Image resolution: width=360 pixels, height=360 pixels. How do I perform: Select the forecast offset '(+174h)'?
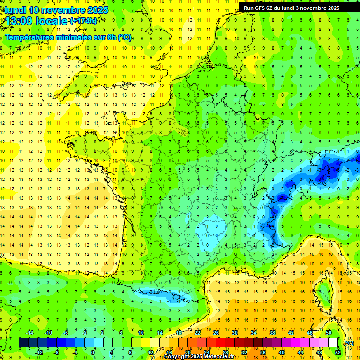[x=83, y=21]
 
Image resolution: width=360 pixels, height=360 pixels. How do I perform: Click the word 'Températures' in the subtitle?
[x=29, y=37]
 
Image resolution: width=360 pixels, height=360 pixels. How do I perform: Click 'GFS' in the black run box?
[x=261, y=7]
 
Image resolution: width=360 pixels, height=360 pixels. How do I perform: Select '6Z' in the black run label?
[x=272, y=7]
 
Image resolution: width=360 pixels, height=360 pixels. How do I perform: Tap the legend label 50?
[x=329, y=332]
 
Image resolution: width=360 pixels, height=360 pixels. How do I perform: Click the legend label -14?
[x=29, y=332]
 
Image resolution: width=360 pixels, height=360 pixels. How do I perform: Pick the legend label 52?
[x=338, y=352]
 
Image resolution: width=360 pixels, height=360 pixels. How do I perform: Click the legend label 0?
[x=93, y=352]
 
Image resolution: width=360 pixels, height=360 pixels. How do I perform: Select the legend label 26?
[x=216, y=332]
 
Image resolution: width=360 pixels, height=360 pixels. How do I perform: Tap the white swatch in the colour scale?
[x=333, y=343]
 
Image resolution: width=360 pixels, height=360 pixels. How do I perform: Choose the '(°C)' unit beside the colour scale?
[x=349, y=343]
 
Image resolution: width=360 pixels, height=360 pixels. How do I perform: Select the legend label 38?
[x=272, y=332]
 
